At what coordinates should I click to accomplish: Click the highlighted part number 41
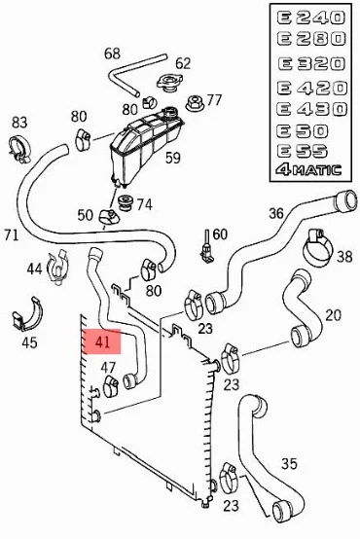click(x=103, y=341)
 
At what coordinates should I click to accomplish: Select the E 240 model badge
click(x=310, y=18)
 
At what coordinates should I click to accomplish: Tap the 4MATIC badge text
click(x=308, y=170)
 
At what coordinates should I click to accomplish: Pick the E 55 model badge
click(x=302, y=151)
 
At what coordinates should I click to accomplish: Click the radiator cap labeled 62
click(x=168, y=84)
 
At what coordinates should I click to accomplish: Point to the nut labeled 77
click(x=195, y=102)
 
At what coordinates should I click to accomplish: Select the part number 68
click(x=113, y=54)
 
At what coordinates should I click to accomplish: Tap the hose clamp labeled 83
click(x=19, y=149)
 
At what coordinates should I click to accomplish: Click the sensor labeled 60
click(x=206, y=247)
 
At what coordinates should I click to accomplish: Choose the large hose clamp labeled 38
click(x=317, y=248)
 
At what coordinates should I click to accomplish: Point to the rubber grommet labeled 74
click(x=126, y=203)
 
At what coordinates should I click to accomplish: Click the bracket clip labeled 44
click(x=58, y=268)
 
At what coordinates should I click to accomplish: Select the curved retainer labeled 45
click(x=27, y=314)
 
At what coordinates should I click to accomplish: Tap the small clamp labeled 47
click(x=111, y=386)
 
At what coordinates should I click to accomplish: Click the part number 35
click(x=289, y=464)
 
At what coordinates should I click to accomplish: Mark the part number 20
click(x=333, y=315)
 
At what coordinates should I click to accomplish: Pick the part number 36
click(x=276, y=213)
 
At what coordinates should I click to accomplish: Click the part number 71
click(x=12, y=234)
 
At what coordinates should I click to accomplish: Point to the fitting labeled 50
click(x=109, y=217)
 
